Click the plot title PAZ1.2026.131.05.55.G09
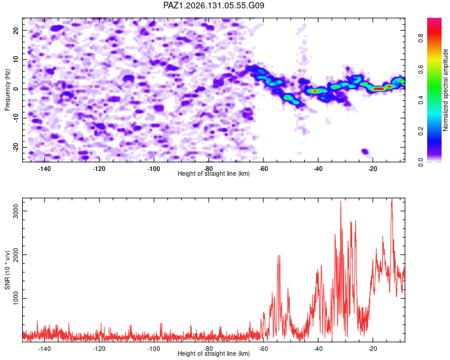coord(214,5)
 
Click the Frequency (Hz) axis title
coord(7,90)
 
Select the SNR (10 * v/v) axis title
coord(7,270)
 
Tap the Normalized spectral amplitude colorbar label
coord(445,90)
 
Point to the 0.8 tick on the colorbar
coord(421,38)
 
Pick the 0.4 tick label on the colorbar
coord(421,100)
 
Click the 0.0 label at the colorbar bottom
coord(421,163)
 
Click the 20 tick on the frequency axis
coord(16,30)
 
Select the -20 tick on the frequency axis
coord(16,147)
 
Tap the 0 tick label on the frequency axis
coord(16,89)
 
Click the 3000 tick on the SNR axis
coord(16,211)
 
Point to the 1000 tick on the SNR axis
coord(16,299)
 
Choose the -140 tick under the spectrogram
coord(44,169)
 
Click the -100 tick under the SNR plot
coord(154,349)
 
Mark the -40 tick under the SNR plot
coord(318,349)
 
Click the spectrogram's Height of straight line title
coord(214,173)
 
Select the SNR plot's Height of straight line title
coord(214,353)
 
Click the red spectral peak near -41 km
coord(315,91)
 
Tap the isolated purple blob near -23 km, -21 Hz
coord(365,151)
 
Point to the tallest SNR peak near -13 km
coord(392,199)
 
